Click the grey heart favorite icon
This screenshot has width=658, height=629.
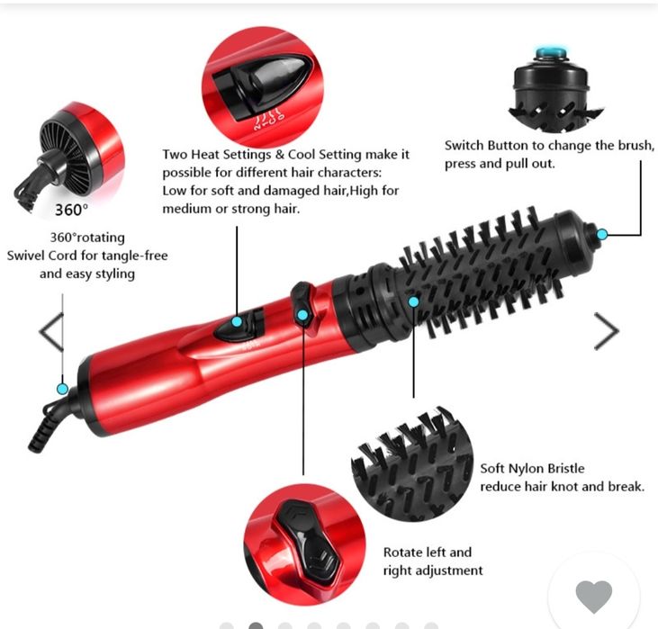(594, 597)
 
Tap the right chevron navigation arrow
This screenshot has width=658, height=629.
(607, 331)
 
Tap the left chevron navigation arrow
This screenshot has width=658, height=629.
(51, 332)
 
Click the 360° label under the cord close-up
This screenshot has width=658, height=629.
(72, 210)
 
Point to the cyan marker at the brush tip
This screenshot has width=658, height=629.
(602, 234)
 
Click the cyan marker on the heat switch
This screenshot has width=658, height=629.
(237, 322)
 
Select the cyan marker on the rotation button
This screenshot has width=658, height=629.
(302, 315)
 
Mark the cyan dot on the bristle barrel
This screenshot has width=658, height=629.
(414, 301)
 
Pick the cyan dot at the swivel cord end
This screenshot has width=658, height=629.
(62, 389)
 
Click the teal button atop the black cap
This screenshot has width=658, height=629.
(551, 52)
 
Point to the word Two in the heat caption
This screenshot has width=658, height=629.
(175, 155)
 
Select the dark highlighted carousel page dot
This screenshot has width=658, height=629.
(256, 626)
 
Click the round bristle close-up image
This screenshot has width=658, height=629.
(412, 464)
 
